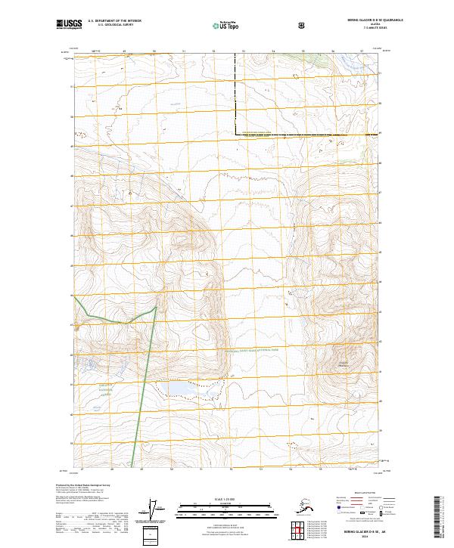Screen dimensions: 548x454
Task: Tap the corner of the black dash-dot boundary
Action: point(235,134)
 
